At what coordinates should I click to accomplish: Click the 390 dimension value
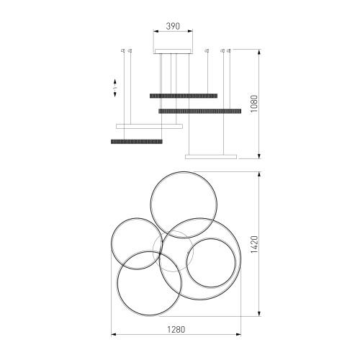pyautogui.click(x=173, y=26)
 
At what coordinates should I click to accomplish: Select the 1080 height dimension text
pyautogui.click(x=253, y=104)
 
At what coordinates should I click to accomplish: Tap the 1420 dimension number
pyautogui.click(x=254, y=244)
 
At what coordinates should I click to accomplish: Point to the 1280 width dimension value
pyautogui.click(x=176, y=329)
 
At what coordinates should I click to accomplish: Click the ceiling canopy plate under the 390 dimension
pyautogui.click(x=173, y=51)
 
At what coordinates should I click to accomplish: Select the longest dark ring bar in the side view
pyautogui.click(x=200, y=111)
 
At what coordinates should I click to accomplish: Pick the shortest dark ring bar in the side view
pyautogui.click(x=137, y=142)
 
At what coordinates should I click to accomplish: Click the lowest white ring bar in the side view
pyautogui.click(x=211, y=157)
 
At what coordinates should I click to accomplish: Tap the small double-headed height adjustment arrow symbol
pyautogui.click(x=115, y=88)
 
